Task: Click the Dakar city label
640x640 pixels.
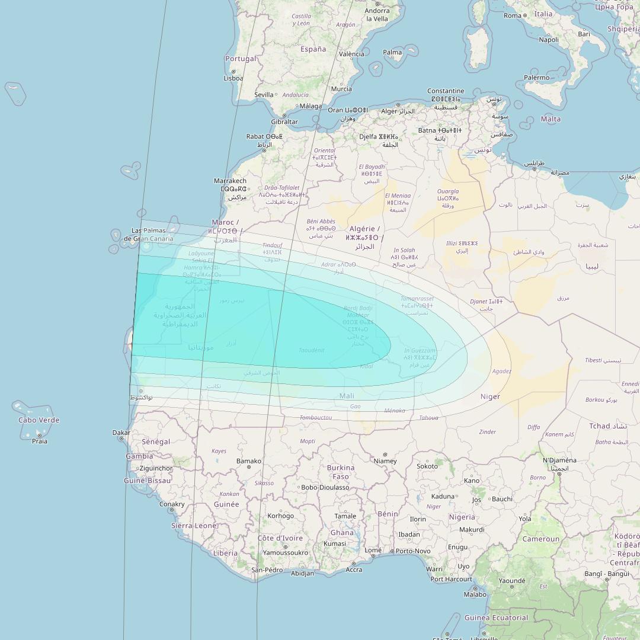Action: click(121, 433)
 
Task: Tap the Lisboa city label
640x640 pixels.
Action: click(233, 78)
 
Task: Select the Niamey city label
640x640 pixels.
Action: click(385, 461)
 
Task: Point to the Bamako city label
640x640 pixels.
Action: click(249, 461)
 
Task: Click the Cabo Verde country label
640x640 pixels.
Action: click(39, 420)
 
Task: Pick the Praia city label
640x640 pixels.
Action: click(40, 441)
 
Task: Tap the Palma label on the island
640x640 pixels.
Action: click(392, 52)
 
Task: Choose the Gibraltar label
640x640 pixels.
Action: click(284, 121)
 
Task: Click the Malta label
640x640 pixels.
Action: click(551, 119)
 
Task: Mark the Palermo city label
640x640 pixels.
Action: click(537, 78)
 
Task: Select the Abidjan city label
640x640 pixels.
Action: click(303, 573)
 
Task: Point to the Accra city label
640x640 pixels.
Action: click(354, 569)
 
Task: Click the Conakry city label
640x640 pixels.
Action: click(172, 504)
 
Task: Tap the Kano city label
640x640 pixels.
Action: click(472, 481)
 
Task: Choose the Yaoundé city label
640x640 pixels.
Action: click(513, 581)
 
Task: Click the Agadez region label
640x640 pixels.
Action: click(501, 372)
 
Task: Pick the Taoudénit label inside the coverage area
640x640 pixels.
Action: click(312, 350)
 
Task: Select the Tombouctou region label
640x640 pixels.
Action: click(316, 418)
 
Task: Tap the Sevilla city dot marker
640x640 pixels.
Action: click(276, 94)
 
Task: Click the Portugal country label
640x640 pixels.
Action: click(241, 59)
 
